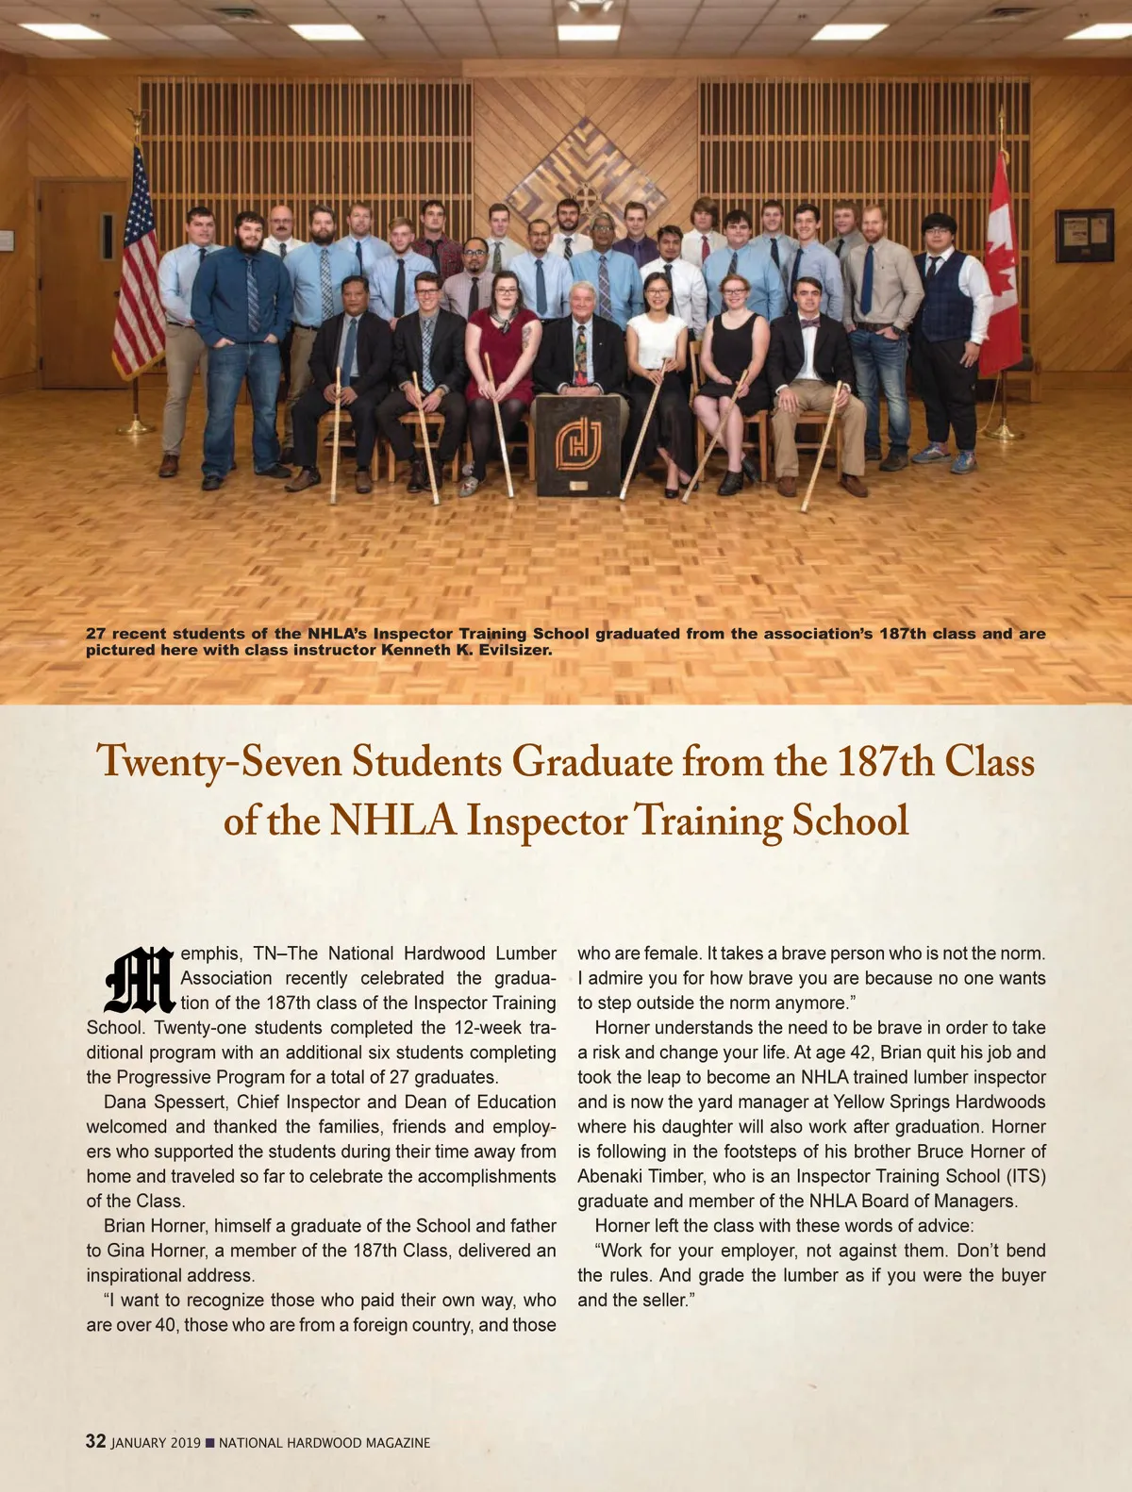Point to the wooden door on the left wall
tap(80, 283)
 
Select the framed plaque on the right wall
tap(1084, 235)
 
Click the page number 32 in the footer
tap(95, 1441)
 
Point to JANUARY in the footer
tap(140, 1443)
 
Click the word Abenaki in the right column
tap(610, 1176)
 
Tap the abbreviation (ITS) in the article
tap(1024, 1176)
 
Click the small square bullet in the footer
tap(209, 1443)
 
